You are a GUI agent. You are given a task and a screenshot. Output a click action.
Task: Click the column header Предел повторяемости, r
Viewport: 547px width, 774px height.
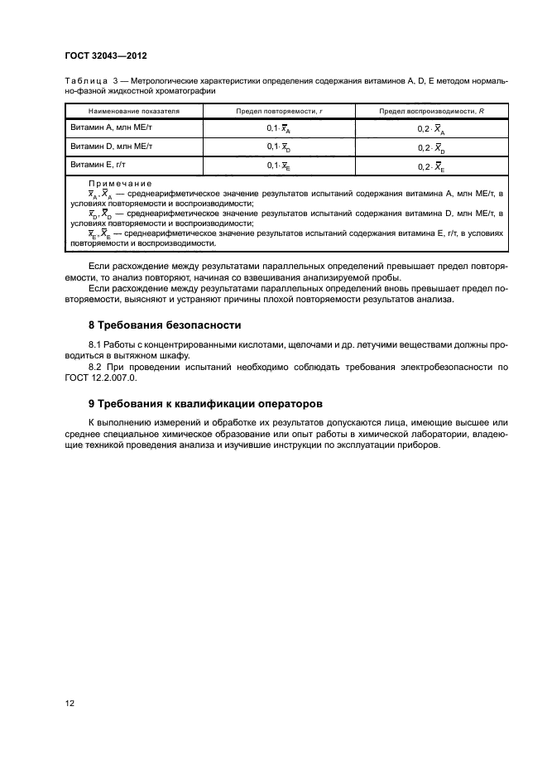pos(278,110)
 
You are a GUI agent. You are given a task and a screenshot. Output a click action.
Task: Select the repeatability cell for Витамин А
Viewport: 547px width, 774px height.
pos(278,129)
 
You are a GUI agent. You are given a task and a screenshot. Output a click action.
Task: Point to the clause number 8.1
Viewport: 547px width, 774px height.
pos(94,343)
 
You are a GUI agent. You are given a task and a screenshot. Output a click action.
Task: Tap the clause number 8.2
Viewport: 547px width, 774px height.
pos(94,365)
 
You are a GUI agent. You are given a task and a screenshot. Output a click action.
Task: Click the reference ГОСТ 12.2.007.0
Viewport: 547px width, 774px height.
pos(99,377)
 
